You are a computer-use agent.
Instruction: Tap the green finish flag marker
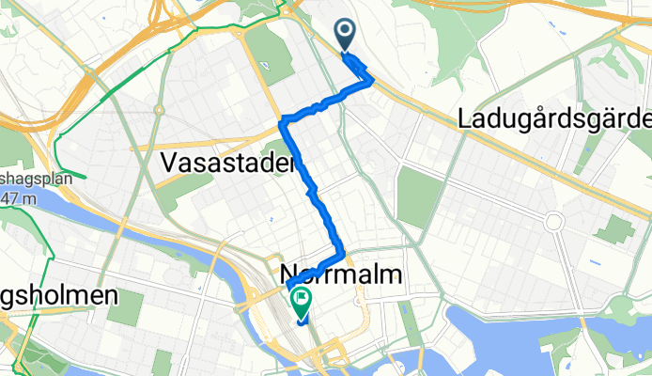[302, 303]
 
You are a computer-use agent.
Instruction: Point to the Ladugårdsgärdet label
[554, 118]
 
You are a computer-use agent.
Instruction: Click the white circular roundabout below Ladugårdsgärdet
[554, 222]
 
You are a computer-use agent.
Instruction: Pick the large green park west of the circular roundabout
[419, 197]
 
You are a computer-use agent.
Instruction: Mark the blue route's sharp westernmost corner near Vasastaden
[284, 118]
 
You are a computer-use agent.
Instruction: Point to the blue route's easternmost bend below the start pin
[373, 82]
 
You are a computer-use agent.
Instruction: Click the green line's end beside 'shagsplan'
[86, 176]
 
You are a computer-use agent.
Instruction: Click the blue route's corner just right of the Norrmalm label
[344, 254]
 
